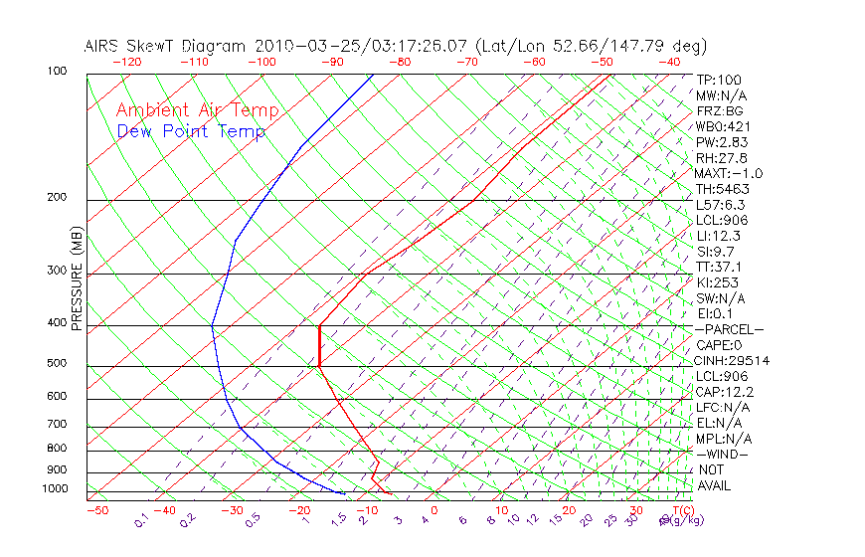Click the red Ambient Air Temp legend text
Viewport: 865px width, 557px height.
pos(197,111)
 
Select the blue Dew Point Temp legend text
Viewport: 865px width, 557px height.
pos(191,132)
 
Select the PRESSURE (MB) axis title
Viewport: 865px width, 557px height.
pos(77,278)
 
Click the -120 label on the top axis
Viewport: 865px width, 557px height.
pos(126,62)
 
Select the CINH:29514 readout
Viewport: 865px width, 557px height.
pos(733,361)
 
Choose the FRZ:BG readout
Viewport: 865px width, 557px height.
pos(719,111)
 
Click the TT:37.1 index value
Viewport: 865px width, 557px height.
pos(719,268)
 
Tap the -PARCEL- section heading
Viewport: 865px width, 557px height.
pos(729,329)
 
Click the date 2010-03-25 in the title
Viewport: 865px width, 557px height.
pos(296,46)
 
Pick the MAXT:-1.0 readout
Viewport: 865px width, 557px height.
pos(729,174)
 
